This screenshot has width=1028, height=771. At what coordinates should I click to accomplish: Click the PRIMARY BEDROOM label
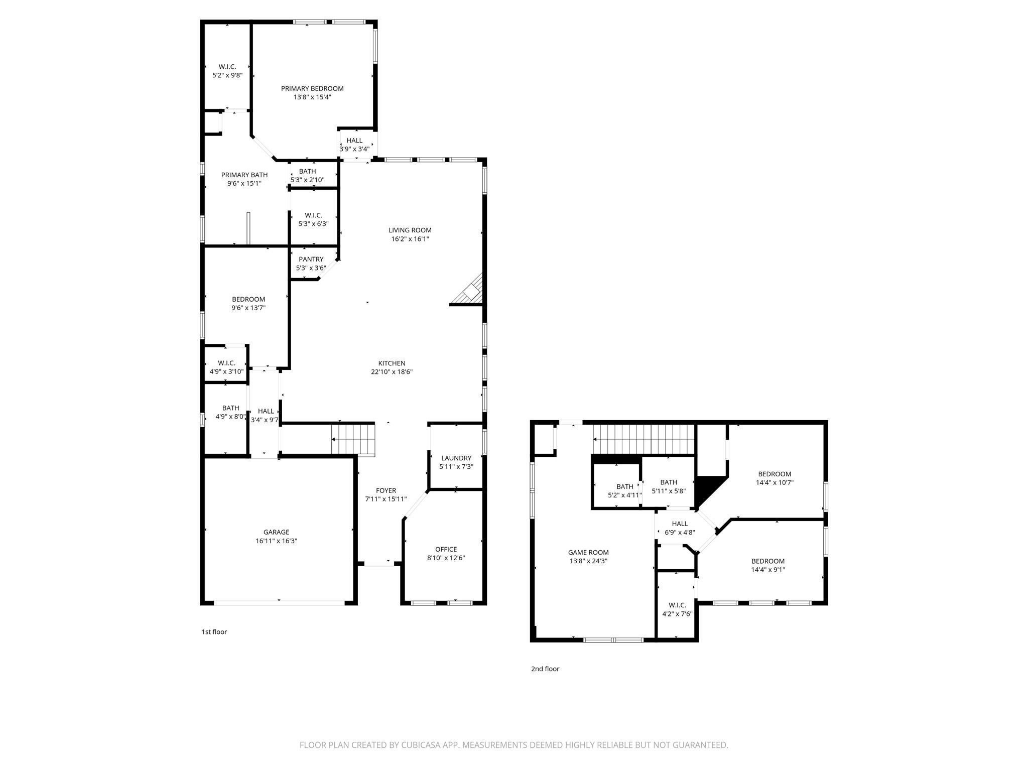(312, 89)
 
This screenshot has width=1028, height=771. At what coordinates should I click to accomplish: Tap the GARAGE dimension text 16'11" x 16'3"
(276, 541)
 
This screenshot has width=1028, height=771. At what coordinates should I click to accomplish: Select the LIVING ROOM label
(410, 230)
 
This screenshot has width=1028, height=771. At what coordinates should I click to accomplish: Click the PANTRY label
(311, 260)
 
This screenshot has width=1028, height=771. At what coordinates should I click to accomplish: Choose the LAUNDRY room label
(456, 458)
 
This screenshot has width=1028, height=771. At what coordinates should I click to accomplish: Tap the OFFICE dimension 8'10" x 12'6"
(446, 558)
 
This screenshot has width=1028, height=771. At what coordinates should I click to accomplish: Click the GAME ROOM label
(588, 553)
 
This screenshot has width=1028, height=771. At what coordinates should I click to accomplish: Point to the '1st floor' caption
(214, 632)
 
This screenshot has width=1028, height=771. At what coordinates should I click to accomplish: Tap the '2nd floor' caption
(545, 669)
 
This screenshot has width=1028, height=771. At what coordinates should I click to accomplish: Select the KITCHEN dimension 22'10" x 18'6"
(392, 372)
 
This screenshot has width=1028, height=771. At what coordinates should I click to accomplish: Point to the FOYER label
(386, 490)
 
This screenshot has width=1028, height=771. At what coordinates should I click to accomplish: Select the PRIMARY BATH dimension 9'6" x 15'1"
(244, 184)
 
